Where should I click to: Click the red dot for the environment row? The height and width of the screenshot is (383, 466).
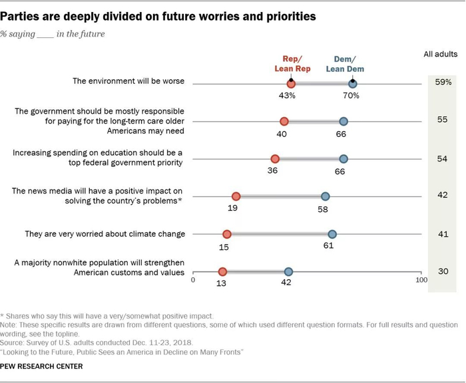coord(291,83)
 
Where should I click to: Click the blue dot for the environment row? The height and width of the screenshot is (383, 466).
coord(353,83)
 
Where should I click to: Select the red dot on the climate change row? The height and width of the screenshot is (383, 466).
coord(227,234)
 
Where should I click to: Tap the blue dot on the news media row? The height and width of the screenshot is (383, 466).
coord(326,196)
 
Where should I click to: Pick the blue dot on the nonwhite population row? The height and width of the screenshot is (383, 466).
coord(289,271)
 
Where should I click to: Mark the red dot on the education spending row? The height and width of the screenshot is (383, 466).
coord(275,158)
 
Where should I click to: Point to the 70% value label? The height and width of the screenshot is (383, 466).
coord(351,96)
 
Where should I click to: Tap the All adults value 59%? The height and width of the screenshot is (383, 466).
coord(443,83)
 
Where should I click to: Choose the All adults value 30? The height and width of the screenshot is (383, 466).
coord(443,271)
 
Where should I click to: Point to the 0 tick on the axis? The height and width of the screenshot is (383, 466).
coord(193,281)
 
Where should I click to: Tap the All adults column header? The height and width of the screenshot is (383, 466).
coord(441,54)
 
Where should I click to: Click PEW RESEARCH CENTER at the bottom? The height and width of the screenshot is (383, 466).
coord(42,366)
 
